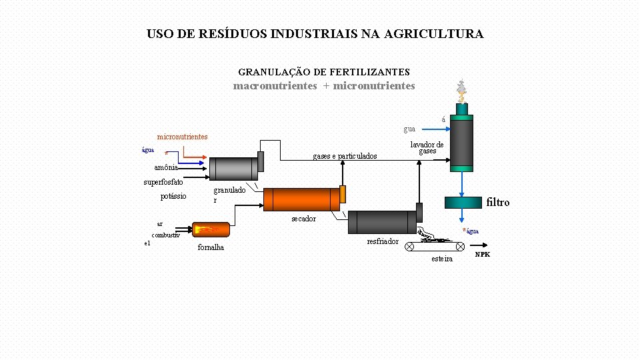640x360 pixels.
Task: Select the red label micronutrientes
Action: (182, 137)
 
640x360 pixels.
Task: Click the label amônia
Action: (166, 167)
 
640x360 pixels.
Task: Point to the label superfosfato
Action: (163, 182)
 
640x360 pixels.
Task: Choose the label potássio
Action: (173, 196)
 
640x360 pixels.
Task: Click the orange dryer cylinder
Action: (301, 199)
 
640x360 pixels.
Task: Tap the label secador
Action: (303, 219)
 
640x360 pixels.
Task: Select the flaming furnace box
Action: (211, 229)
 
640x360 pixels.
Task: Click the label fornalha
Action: (211, 247)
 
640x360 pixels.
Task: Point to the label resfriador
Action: (383, 241)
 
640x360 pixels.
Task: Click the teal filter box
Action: (463, 202)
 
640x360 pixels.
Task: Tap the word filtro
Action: (498, 202)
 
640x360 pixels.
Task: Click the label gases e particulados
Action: (345, 157)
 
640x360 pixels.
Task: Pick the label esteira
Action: (442, 259)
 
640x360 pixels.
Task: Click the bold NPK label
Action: (482, 255)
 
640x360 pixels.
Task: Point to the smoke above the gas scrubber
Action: (461, 90)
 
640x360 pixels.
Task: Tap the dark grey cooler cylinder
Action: (381, 222)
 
